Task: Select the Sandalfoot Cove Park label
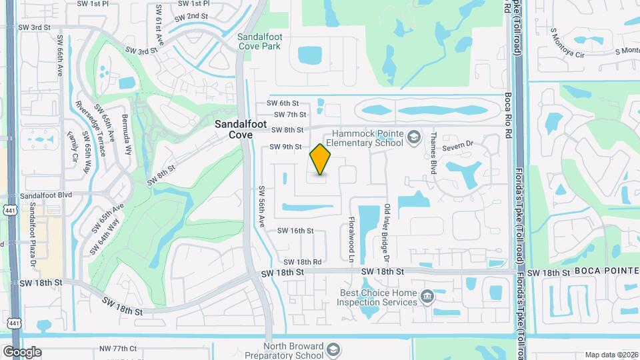pyautogui.click(x=260, y=41)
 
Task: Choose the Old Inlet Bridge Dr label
pyautogui.click(x=386, y=231)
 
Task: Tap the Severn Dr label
pyautogui.click(x=459, y=143)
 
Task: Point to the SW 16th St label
pyautogui.click(x=295, y=231)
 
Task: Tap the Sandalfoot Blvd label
pyautogui.click(x=45, y=196)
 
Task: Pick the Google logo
pyautogui.click(x=22, y=352)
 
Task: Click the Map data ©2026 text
pyautogui.click(x=611, y=355)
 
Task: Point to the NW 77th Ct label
pyautogui.click(x=118, y=349)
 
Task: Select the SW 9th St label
pyautogui.click(x=286, y=147)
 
